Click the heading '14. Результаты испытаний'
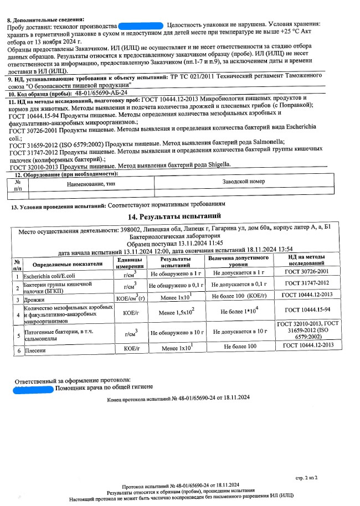point(174,216)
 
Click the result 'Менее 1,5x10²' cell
point(176,313)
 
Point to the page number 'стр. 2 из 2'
point(307,477)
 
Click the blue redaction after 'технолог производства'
point(141,26)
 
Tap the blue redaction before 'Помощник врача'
point(33,389)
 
